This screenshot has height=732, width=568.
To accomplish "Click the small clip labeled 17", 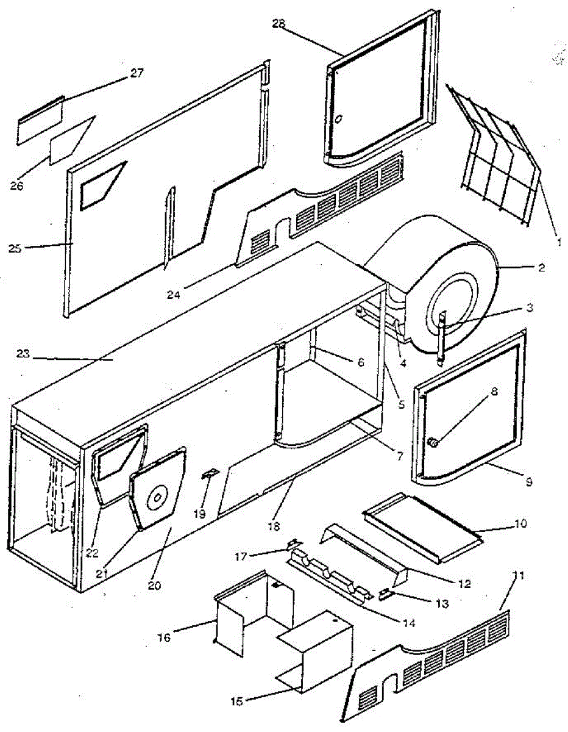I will click(294, 542).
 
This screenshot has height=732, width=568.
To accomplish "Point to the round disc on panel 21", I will click(157, 497).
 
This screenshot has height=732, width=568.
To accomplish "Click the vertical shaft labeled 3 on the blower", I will click(441, 335).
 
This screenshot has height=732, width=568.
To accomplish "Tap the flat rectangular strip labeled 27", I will click(40, 121).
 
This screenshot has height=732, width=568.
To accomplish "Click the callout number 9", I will click(528, 482).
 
